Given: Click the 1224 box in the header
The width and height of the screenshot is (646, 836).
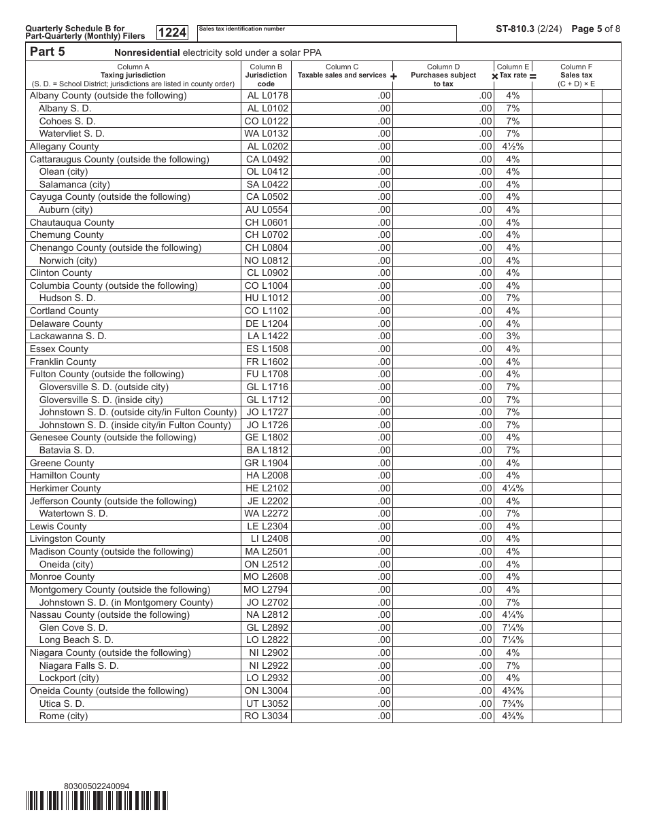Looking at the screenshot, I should tap(172, 33).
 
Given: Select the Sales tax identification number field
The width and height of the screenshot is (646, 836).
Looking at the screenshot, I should tap(326, 33).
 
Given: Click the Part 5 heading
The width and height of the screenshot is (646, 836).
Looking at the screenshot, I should tap(48, 52).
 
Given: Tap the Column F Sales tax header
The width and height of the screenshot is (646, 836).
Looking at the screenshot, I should tap(576, 75).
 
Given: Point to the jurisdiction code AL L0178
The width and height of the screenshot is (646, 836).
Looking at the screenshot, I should tap(267, 96).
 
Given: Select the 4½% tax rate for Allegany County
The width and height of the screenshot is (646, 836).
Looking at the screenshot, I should tap(513, 146).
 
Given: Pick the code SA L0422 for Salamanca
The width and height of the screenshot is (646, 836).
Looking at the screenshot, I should tap(267, 184).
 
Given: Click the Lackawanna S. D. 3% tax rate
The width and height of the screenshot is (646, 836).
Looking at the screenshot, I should tap(513, 336).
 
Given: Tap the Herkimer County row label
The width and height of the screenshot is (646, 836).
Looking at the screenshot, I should tap(65, 488).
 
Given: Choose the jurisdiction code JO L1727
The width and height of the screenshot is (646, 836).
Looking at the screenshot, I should tap(267, 412).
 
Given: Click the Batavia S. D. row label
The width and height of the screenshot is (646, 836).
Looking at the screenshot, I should tap(67, 450).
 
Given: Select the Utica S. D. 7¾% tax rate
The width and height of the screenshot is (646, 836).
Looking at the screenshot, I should tap(513, 703).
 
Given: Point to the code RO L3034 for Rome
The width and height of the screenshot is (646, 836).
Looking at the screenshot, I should tap(267, 716).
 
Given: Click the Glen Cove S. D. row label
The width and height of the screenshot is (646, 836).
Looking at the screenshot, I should tap(73, 627).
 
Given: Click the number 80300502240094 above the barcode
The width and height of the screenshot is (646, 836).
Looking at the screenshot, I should tap(96, 786).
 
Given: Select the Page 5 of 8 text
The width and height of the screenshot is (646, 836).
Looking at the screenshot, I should tap(596, 29).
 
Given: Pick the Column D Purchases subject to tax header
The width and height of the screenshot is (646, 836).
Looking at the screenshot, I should tap(443, 75).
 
